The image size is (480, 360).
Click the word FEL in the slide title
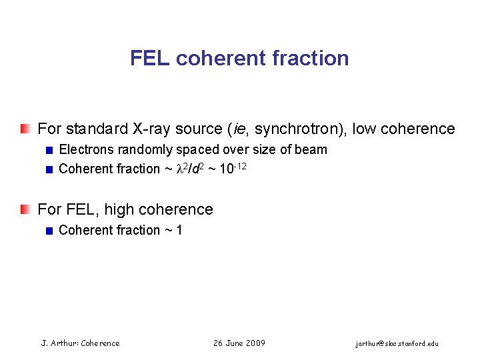(150, 58)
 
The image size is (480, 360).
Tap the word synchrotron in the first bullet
(296, 129)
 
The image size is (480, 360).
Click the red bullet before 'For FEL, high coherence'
(25, 209)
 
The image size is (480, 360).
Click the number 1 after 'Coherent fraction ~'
(179, 230)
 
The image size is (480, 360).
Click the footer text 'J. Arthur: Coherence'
(81, 343)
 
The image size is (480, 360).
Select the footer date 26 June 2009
(239, 343)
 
